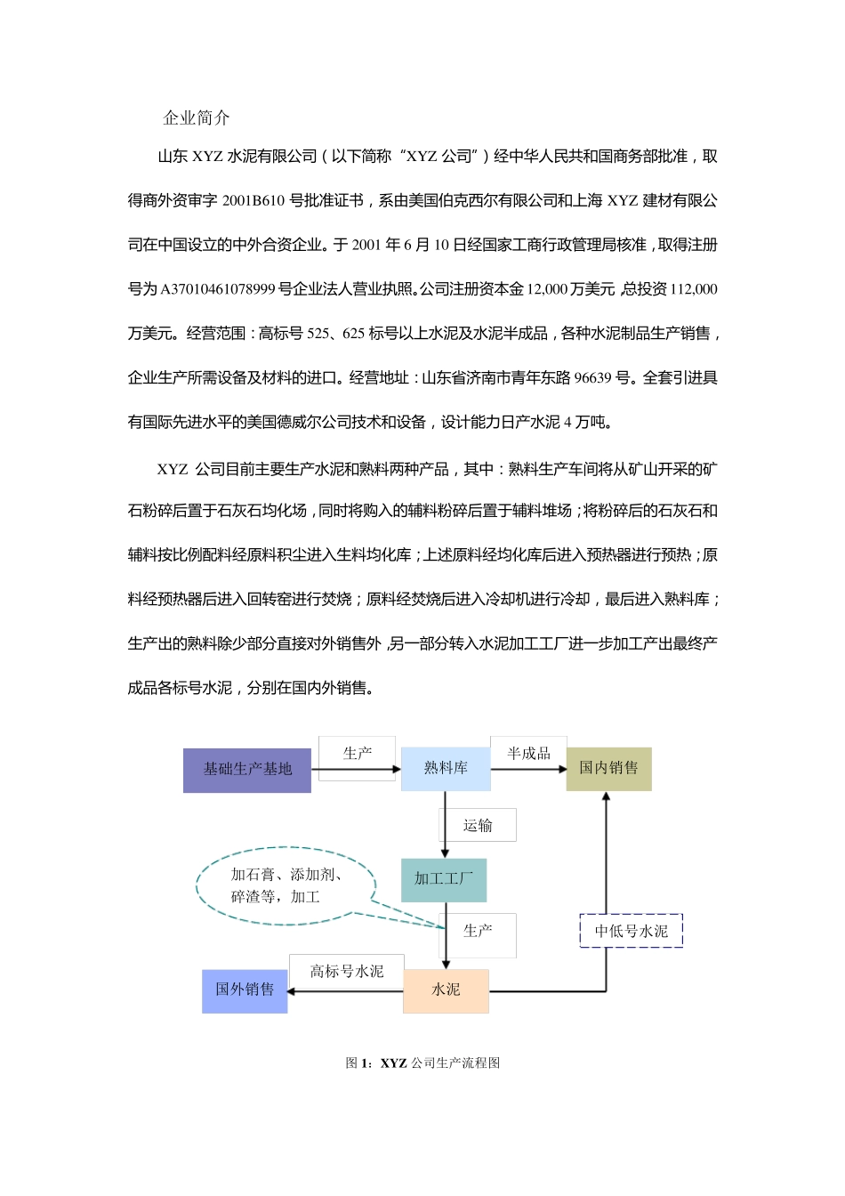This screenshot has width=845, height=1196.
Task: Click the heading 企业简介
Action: coord(197,117)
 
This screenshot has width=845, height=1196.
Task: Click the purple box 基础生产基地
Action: coord(247,769)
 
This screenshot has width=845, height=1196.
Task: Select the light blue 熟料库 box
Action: coord(446,768)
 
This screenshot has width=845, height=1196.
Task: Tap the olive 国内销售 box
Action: coord(608,768)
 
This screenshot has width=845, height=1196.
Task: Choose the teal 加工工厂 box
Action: coord(444,879)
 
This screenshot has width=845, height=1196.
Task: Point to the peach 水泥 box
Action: coord(446,990)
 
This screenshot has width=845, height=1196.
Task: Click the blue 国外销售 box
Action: coord(245,990)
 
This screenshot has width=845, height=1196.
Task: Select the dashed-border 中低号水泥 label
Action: coord(631,931)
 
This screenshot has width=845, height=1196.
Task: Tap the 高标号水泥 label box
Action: coord(346,971)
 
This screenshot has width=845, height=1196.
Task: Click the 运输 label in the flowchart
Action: coord(479,826)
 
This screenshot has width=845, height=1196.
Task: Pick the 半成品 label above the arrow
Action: coord(528,754)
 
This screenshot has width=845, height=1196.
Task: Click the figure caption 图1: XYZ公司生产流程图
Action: coord(422,1063)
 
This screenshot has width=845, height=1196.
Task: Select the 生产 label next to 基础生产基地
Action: coord(357,754)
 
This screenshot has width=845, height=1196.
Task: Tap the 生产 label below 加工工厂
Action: coord(479,931)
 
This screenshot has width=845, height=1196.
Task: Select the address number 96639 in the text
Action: coord(592,377)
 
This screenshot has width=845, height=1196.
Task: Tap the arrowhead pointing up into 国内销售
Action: coord(607,797)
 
